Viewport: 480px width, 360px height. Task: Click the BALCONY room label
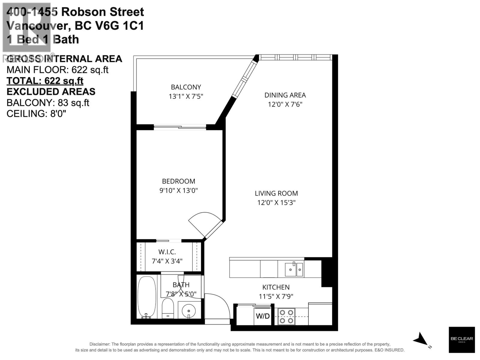click(x=186, y=87)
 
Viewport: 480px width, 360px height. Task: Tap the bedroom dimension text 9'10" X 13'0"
click(x=178, y=190)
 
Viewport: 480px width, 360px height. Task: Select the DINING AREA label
click(x=285, y=95)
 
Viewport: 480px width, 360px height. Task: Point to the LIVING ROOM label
click(x=276, y=193)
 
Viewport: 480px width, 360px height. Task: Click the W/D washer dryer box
click(x=262, y=316)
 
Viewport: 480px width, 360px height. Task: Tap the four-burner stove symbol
click(x=286, y=316)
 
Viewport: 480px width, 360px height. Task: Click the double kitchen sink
click(x=294, y=269)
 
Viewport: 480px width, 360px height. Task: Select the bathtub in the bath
click(x=147, y=297)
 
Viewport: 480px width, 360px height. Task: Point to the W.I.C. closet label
click(x=167, y=252)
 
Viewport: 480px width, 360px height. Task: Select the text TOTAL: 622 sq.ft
click(x=45, y=81)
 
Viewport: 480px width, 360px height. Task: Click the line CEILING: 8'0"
click(x=36, y=114)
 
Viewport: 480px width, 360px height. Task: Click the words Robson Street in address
click(x=103, y=12)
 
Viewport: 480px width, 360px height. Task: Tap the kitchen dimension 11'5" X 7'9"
click(x=276, y=296)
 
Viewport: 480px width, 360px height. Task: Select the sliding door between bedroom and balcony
click(x=180, y=127)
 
